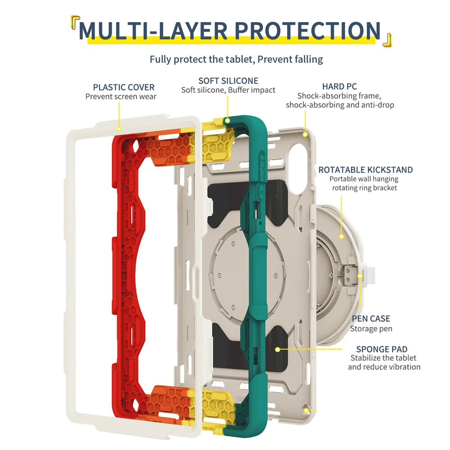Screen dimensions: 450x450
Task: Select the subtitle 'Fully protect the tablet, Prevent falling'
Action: [236, 59]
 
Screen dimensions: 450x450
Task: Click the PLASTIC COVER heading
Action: [124, 87]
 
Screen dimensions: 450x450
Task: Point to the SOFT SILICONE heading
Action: [228, 81]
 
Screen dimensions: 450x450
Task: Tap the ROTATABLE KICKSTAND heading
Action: [365, 170]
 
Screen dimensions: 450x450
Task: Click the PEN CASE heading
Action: [371, 319]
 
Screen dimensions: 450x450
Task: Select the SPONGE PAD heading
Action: [382, 349]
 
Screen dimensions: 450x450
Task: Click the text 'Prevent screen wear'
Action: [121, 96]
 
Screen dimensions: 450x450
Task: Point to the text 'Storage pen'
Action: [371, 328]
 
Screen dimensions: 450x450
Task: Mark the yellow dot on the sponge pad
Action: [278, 349]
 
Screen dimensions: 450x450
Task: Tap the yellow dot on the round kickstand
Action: [342, 236]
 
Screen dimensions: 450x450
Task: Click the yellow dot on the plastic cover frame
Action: [119, 129]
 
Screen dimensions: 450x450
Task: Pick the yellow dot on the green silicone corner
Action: [228, 121]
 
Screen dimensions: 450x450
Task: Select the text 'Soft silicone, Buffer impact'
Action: [228, 90]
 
